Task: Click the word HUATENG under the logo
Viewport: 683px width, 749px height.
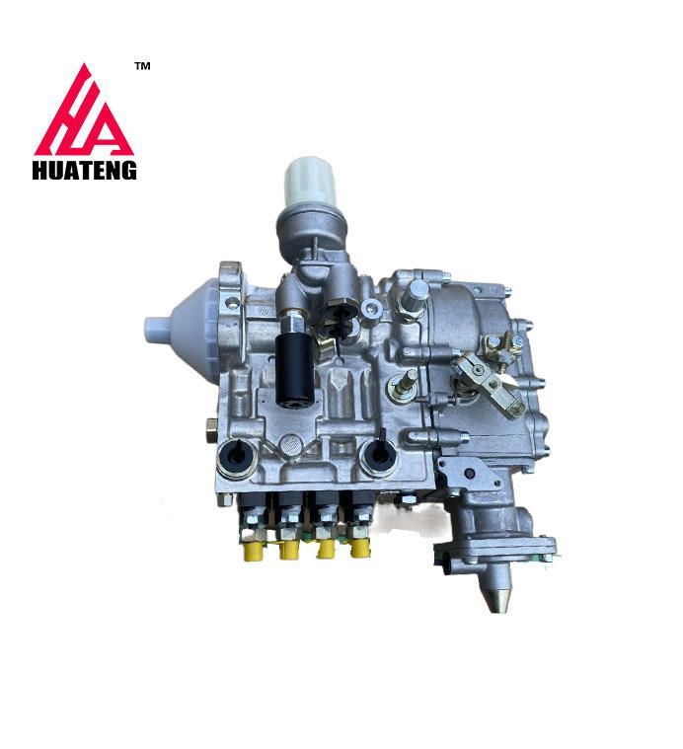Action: [x=85, y=170]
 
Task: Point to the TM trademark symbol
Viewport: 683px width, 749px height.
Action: [x=143, y=66]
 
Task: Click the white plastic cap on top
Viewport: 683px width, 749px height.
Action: [x=311, y=182]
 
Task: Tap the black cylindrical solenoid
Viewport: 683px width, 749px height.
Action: [x=295, y=370]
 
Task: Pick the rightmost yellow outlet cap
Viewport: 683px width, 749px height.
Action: [x=359, y=548]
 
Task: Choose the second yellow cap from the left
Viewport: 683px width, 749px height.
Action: [x=288, y=550]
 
